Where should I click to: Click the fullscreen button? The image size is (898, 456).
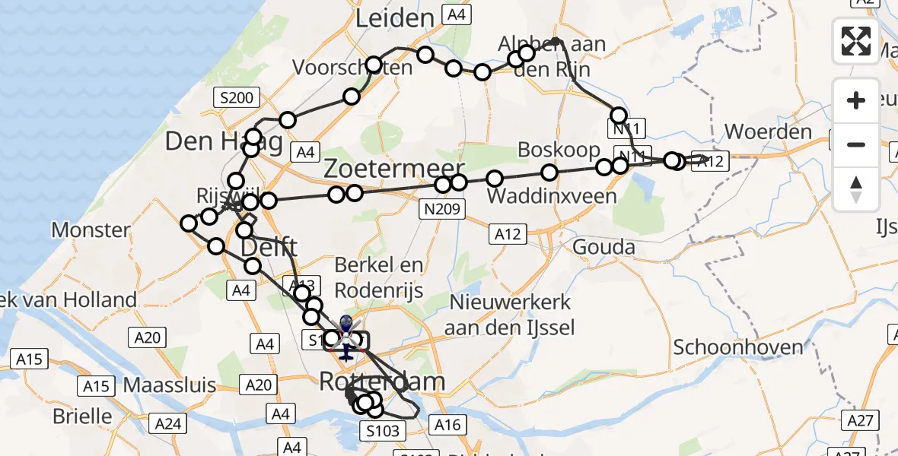856,41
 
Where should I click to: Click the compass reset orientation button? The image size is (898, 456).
856,188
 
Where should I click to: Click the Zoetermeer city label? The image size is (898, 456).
394,169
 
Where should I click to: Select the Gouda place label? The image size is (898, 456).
603,247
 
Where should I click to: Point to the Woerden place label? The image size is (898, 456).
768,132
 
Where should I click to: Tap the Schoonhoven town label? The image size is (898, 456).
737,347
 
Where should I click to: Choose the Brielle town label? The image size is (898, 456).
82,416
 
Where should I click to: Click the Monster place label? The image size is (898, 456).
91,230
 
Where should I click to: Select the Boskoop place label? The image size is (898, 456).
559,150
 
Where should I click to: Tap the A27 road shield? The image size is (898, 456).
862,420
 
